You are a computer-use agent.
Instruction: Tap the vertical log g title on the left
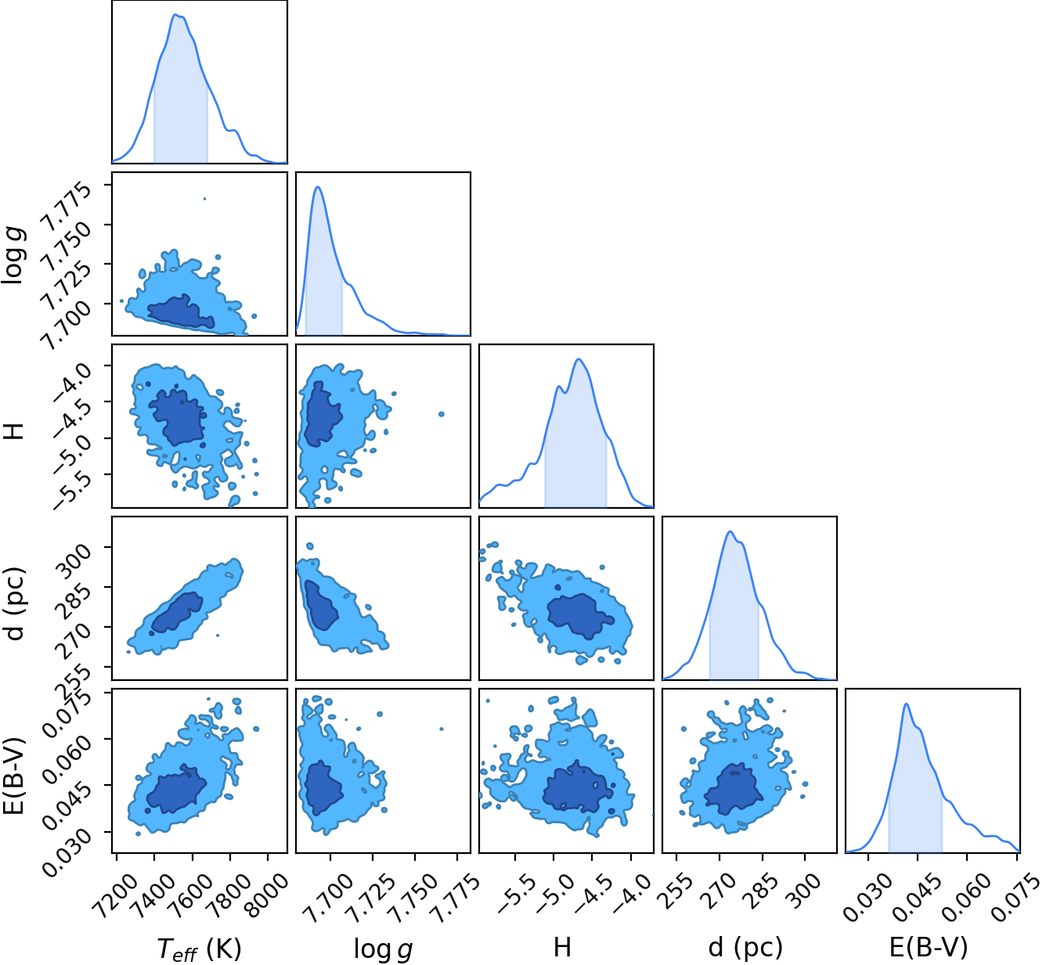(x=14, y=255)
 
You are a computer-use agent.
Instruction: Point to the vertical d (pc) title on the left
(x=14, y=603)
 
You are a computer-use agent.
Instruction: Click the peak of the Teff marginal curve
(x=175, y=15)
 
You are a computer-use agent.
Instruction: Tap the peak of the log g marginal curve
(x=318, y=187)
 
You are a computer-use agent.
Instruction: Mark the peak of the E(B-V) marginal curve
(x=906, y=704)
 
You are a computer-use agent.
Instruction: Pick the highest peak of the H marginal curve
(x=579, y=359)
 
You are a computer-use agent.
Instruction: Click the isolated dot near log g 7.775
(x=204, y=199)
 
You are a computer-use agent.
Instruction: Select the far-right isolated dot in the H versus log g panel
(x=442, y=414)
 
